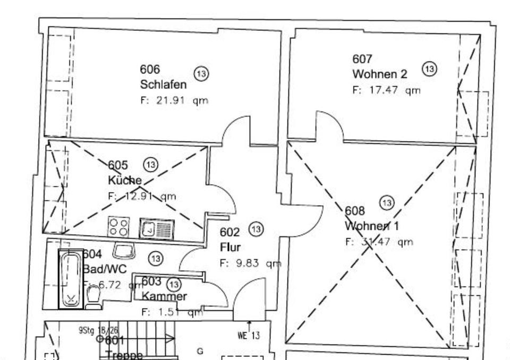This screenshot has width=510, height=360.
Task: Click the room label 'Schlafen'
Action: click(163, 84)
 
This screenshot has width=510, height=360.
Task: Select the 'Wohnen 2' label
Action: click(379, 74)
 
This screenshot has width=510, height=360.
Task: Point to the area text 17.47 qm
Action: click(386, 90)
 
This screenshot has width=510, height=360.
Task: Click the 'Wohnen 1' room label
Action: click(372, 226)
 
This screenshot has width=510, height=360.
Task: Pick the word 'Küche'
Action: click(125, 180)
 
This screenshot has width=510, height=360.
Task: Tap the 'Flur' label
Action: click(230, 247)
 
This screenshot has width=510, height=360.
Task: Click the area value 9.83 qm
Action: click(250, 263)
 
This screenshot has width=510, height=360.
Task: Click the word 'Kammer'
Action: click(164, 296)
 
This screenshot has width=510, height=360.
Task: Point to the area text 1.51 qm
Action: click(172, 312)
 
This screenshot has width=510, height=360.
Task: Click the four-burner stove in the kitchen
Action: click(117, 227)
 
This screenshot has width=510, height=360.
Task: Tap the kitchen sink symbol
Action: click(157, 229)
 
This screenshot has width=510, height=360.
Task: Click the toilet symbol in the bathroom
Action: click(93, 296)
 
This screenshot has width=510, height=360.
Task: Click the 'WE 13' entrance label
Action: click(249, 335)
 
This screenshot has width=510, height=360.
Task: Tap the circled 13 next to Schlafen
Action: click(201, 74)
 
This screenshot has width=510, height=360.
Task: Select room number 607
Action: click(362, 58)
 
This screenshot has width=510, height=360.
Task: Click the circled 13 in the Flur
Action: click(256, 229)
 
